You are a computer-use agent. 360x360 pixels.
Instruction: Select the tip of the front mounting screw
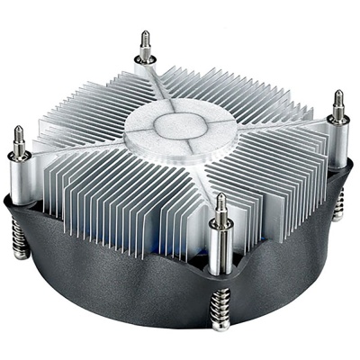pyautogui.click(x=219, y=195)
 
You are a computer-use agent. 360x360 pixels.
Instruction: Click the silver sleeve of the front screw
pyautogui.click(x=220, y=243)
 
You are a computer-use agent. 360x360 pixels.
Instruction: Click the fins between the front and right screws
pyautogui.click(x=270, y=171)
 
